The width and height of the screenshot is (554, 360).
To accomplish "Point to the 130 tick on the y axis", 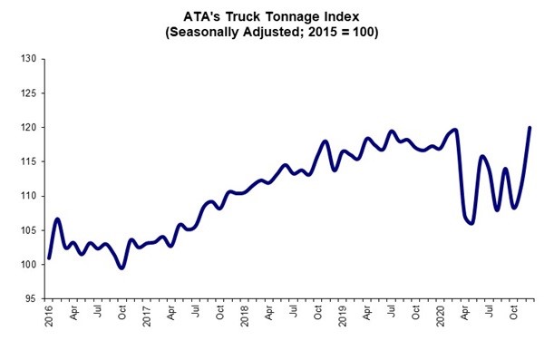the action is pyautogui.click(x=29, y=59).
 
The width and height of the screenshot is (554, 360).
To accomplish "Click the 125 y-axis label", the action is pyautogui.click(x=29, y=93).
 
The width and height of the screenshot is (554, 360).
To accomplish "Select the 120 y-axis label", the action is pyautogui.click(x=29, y=128).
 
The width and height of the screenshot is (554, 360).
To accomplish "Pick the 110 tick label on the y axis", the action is pyautogui.click(x=29, y=196).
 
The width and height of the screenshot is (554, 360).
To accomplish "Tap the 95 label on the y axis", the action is pyautogui.click(x=31, y=299).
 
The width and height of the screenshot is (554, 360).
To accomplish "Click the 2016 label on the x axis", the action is pyautogui.click(x=49, y=316).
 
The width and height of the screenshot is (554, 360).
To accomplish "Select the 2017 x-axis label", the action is pyautogui.click(x=147, y=316).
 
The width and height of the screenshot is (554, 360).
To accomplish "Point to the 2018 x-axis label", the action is pyautogui.click(x=245, y=316).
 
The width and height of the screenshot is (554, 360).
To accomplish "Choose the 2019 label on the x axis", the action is pyautogui.click(x=343, y=316).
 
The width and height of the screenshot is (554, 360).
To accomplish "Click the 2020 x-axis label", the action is pyautogui.click(x=441, y=316).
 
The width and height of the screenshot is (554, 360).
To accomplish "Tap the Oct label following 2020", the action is pyautogui.click(x=514, y=313).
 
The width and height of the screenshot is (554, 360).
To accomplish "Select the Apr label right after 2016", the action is pyautogui.click(x=73, y=313).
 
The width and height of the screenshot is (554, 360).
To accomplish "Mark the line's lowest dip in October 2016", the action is pyautogui.click(x=121, y=268).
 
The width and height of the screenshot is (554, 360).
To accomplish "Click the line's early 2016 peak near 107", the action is pyautogui.click(x=58, y=219).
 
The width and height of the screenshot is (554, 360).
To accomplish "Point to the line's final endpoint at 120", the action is pyautogui.click(x=530, y=128).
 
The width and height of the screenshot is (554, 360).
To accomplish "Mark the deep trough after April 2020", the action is pyautogui.click(x=472, y=223).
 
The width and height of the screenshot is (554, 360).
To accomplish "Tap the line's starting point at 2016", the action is pyautogui.click(x=49, y=258).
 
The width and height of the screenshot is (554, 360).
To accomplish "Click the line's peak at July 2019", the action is pyautogui.click(x=392, y=131).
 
